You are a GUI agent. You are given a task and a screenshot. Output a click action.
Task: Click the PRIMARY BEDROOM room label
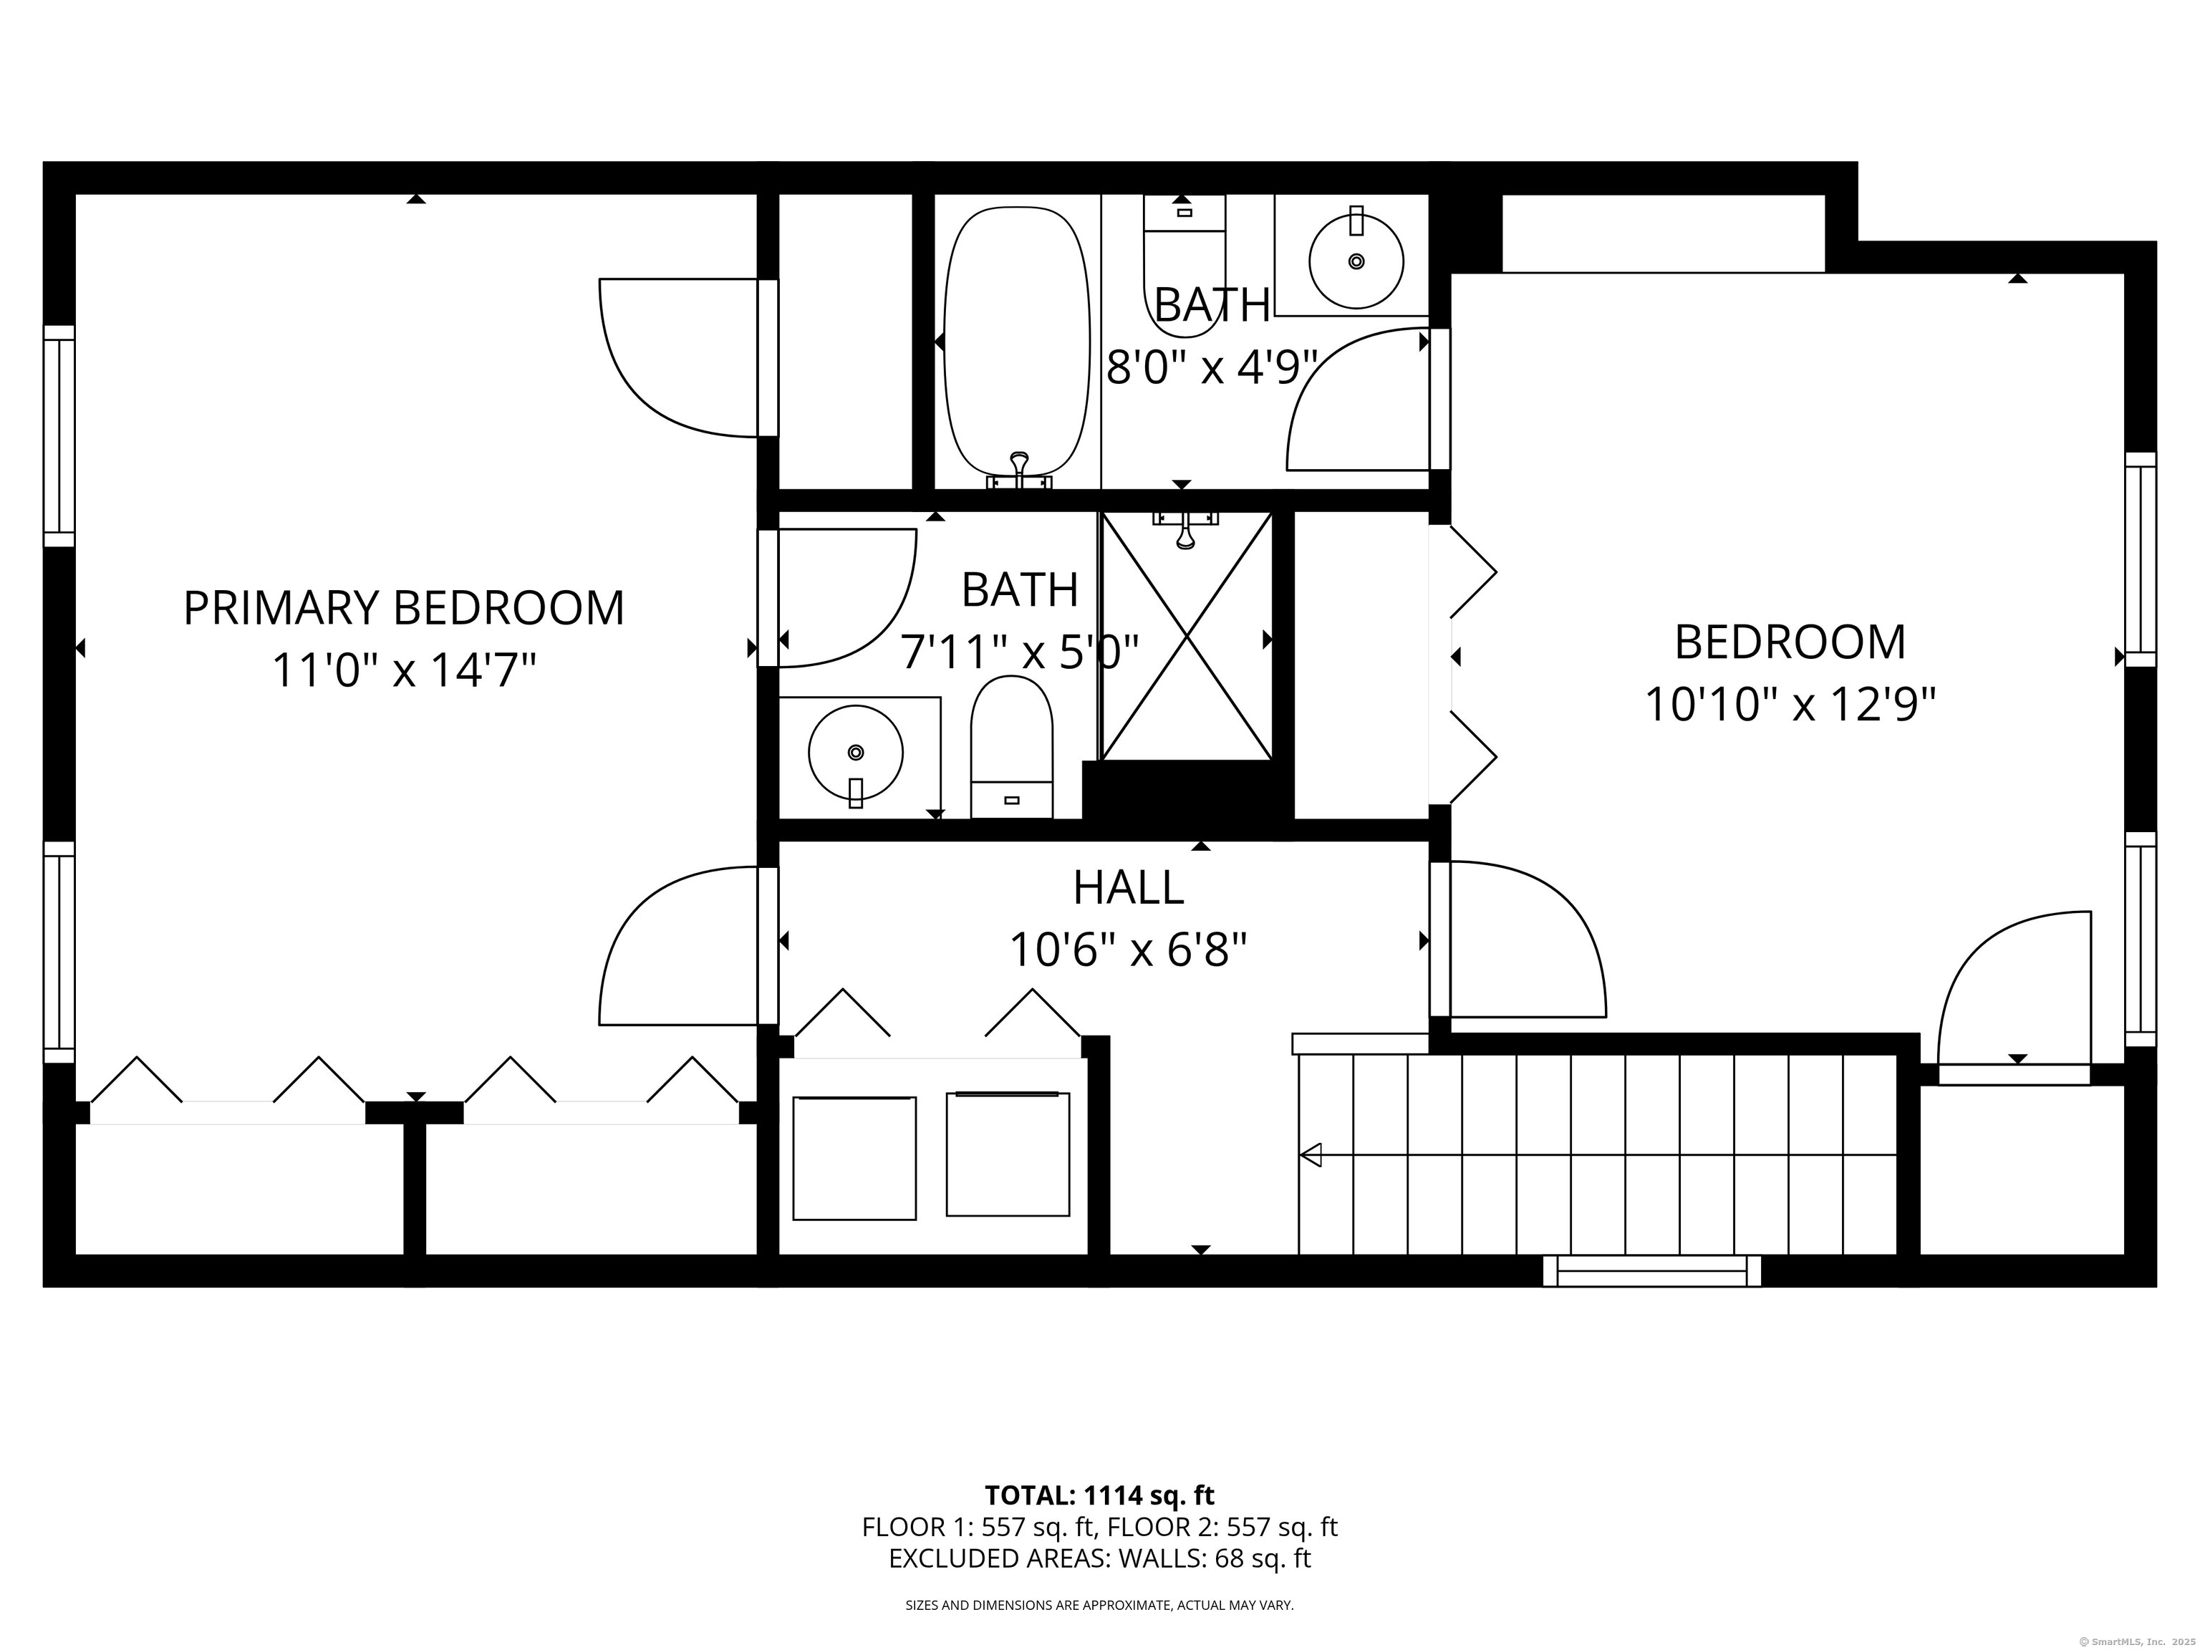pos(404,608)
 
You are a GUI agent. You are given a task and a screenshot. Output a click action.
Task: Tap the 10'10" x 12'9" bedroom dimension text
pos(1790,705)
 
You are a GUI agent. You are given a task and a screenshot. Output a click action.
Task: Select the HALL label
pos(1129,888)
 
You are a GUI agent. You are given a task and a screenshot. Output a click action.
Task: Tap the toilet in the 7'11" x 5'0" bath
pos(1011,747)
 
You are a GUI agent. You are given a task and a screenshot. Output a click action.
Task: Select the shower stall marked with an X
pos(1187,637)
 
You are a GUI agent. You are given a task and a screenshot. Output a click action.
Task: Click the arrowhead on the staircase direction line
pos(1311,1154)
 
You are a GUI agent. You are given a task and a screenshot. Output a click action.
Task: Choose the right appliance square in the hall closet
pos(1008,1154)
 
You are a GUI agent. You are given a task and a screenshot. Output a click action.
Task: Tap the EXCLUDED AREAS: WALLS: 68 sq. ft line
pos(1099,1558)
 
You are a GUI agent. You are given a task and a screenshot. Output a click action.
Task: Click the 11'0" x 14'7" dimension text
pos(404,670)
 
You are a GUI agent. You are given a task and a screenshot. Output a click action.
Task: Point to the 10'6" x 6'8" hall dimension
pos(1128,950)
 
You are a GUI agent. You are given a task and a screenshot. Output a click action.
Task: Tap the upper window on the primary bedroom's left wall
pos(59,435)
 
